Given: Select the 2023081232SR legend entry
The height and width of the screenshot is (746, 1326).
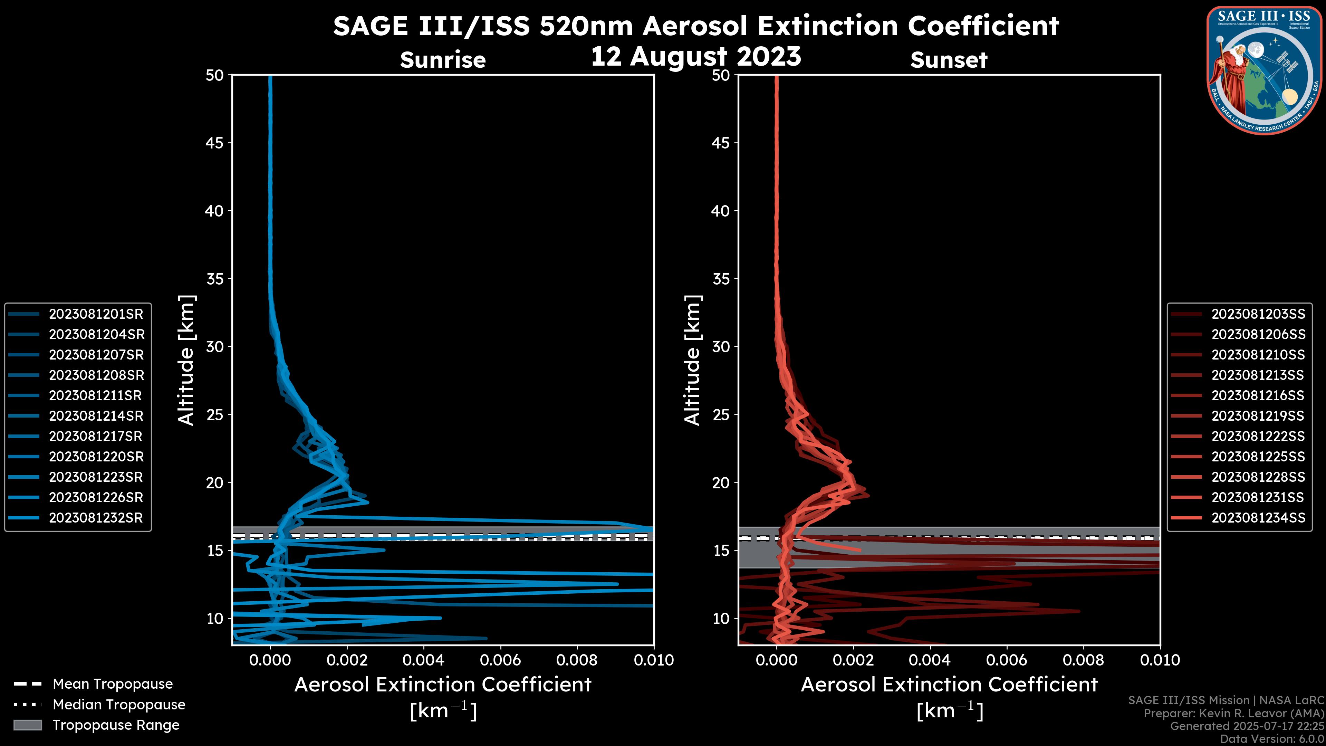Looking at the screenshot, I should (96, 518).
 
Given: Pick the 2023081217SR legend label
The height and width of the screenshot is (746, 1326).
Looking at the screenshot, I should (96, 437).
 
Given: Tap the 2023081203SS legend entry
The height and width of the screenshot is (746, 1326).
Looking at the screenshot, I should (1258, 314).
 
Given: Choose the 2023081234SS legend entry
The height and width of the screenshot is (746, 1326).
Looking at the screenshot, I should (1258, 518).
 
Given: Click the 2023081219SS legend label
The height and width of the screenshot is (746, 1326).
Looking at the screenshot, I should (1258, 416).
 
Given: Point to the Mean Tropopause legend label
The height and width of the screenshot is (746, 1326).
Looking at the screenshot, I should (113, 684).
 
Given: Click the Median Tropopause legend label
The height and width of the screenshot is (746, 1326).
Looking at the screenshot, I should (119, 705).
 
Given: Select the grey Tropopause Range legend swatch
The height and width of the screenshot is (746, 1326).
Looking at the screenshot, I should (27, 725).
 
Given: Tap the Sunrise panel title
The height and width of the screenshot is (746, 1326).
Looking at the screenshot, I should (443, 60).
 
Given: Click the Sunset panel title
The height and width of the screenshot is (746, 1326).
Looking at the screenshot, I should (949, 60).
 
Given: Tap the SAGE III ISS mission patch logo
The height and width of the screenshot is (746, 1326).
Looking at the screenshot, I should (1264, 70).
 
